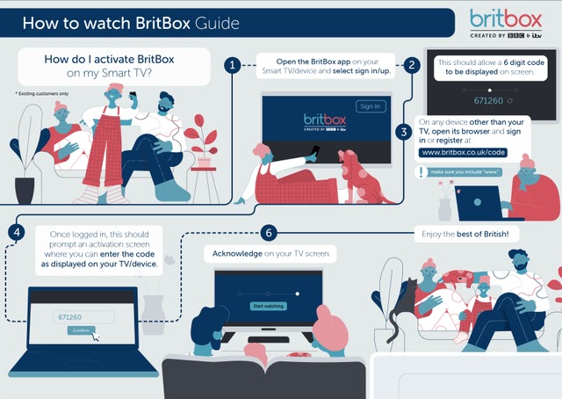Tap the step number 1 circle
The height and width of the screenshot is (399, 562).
[x=231, y=65]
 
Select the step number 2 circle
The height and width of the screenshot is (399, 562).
[x=411, y=65]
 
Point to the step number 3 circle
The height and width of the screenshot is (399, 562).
[x=403, y=133]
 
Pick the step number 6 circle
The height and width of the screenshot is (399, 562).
[x=270, y=233]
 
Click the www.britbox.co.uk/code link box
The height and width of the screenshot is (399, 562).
[x=464, y=152]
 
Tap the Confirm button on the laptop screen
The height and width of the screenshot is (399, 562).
[x=78, y=330]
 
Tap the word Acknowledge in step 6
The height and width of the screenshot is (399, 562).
[x=235, y=254]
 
